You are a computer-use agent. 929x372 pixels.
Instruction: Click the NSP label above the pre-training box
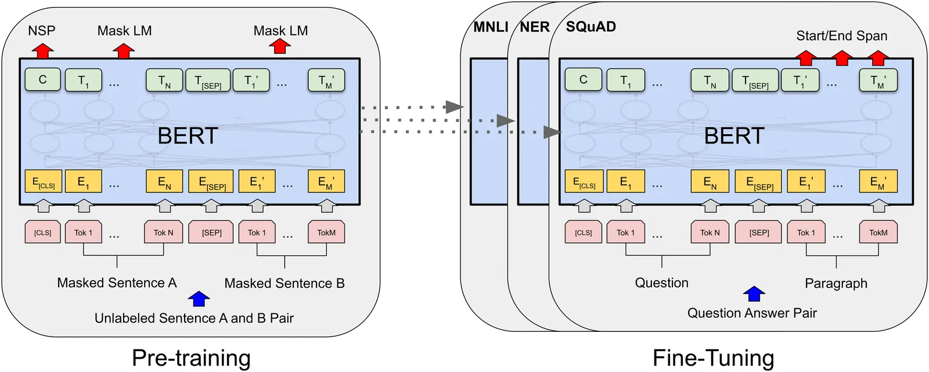tap(42, 30)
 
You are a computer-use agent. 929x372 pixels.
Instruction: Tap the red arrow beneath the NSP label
tap(42, 51)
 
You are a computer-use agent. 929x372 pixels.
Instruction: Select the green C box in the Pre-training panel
tap(42, 80)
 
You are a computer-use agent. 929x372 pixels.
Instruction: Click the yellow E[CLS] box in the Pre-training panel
tap(42, 182)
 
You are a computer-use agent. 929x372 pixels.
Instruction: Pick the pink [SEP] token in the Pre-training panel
tap(212, 233)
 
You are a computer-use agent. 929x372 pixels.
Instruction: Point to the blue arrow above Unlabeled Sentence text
tap(199, 299)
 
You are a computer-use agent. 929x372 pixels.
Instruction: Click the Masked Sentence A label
tap(117, 283)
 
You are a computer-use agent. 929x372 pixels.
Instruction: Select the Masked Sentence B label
tap(285, 284)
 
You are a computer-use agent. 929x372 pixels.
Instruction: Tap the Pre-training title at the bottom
tap(191, 357)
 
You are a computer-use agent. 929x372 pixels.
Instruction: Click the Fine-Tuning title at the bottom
tap(713, 357)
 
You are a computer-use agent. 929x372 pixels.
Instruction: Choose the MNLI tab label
tap(491, 27)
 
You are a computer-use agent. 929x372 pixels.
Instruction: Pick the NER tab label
tap(534, 27)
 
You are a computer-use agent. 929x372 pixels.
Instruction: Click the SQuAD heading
tap(590, 27)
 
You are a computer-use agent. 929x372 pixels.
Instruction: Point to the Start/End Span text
tap(841, 36)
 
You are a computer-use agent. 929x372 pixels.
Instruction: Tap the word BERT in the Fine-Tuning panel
tap(734, 136)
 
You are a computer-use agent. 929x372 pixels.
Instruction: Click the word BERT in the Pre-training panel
tap(188, 136)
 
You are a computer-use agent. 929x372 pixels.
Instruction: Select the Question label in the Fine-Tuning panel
tap(661, 283)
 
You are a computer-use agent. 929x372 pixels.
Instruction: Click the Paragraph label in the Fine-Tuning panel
tap(836, 284)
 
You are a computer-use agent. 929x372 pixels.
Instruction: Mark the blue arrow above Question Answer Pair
tap(754, 294)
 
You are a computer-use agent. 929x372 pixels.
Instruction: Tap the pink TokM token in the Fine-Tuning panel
tap(878, 233)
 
